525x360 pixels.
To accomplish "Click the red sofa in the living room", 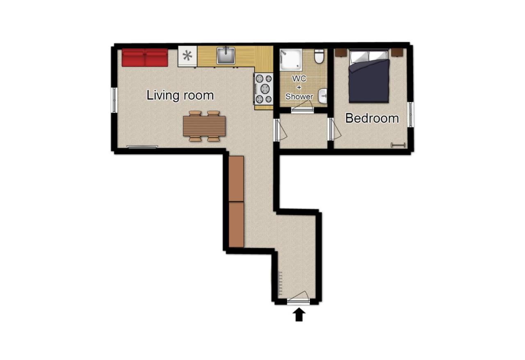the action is point(145,58).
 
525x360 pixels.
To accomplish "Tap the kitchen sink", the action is point(226,55).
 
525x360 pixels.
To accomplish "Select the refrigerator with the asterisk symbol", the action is point(187,56).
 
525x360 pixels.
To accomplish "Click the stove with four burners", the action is point(263,89).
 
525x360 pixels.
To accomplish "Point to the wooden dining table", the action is point(204,126).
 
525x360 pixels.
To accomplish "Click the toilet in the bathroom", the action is point(319,57).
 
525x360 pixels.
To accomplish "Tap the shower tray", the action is point(291,60).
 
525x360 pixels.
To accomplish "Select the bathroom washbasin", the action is point(323,96).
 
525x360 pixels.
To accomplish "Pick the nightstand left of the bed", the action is point(341,52).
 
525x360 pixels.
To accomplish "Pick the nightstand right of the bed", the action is point(397,52).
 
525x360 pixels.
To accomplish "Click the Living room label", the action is point(180,96).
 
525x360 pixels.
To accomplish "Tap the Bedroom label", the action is point(372,118).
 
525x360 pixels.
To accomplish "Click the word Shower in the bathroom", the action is point(299,97).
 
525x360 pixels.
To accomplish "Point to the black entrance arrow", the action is point(299,314).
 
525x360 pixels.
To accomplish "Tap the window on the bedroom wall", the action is point(411,114).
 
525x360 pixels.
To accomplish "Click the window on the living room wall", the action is point(114,100).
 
